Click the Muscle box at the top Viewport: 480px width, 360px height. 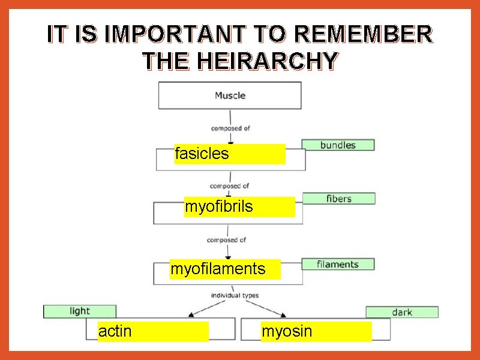point(230,95)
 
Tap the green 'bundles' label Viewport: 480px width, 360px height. point(338,145)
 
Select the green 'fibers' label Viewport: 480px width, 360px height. point(339,199)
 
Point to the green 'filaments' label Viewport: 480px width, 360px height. point(337,264)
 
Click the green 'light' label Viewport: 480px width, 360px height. point(80,311)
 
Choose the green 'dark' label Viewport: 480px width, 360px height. point(402,312)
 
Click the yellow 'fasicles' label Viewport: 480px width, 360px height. point(230,154)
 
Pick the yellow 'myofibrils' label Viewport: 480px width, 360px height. point(240,207)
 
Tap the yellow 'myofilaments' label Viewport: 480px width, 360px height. point(225,269)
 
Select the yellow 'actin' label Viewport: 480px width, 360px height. point(153,331)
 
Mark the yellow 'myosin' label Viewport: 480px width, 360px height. point(316,331)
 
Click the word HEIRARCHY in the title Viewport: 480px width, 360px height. point(241,61)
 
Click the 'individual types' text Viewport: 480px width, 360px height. point(235,295)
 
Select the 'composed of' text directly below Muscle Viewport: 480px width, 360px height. point(230,128)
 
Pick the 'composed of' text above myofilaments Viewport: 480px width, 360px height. point(226,240)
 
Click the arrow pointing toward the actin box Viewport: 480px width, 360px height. point(203,308)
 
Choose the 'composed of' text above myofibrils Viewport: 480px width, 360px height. point(229,186)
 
